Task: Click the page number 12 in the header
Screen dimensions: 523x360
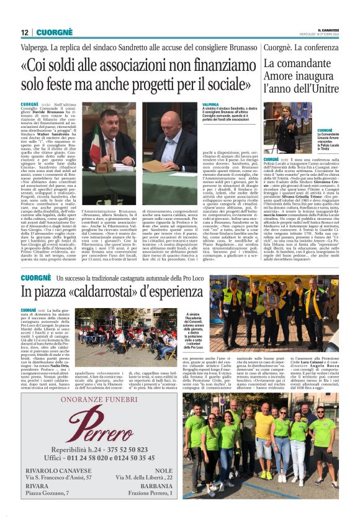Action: pos(24,32)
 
